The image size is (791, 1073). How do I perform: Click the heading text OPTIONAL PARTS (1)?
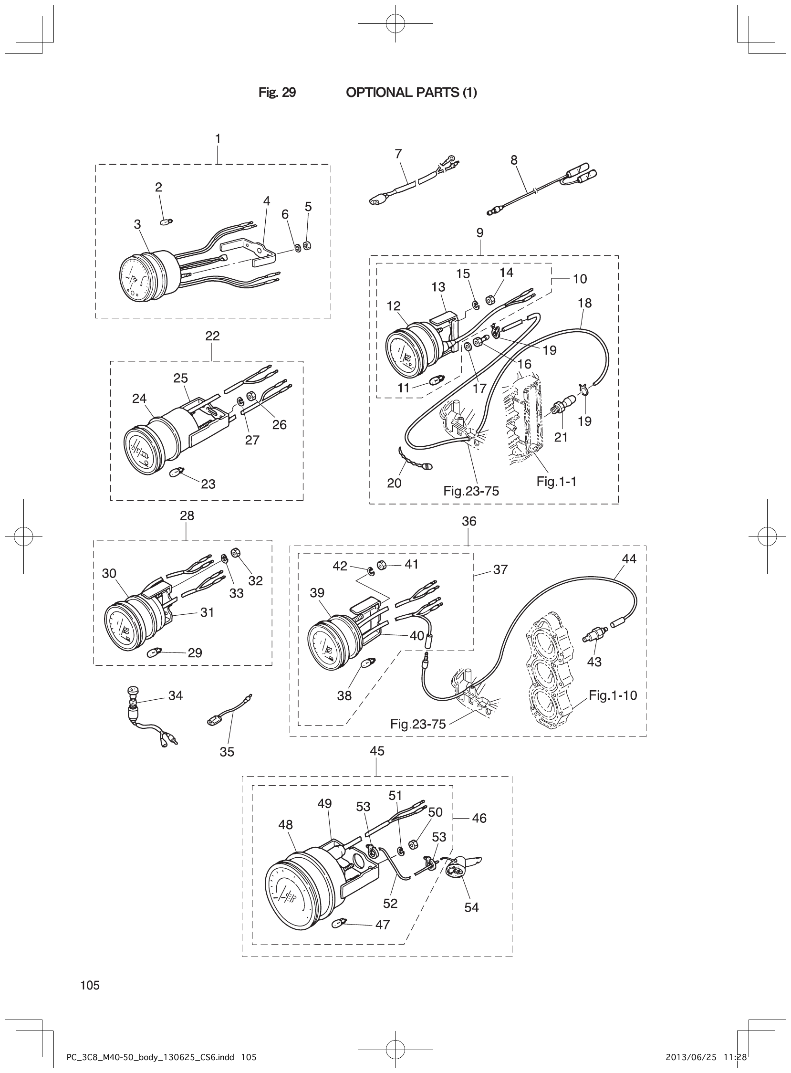411,93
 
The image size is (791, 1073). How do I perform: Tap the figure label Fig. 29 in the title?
277,93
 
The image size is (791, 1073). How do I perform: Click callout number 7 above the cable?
398,154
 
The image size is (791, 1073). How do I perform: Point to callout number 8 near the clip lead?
514,160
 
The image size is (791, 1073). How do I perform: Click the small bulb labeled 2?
166,222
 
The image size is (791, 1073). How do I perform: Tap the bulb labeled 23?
177,473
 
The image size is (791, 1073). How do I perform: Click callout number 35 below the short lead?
227,752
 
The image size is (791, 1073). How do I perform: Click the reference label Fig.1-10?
613,695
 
